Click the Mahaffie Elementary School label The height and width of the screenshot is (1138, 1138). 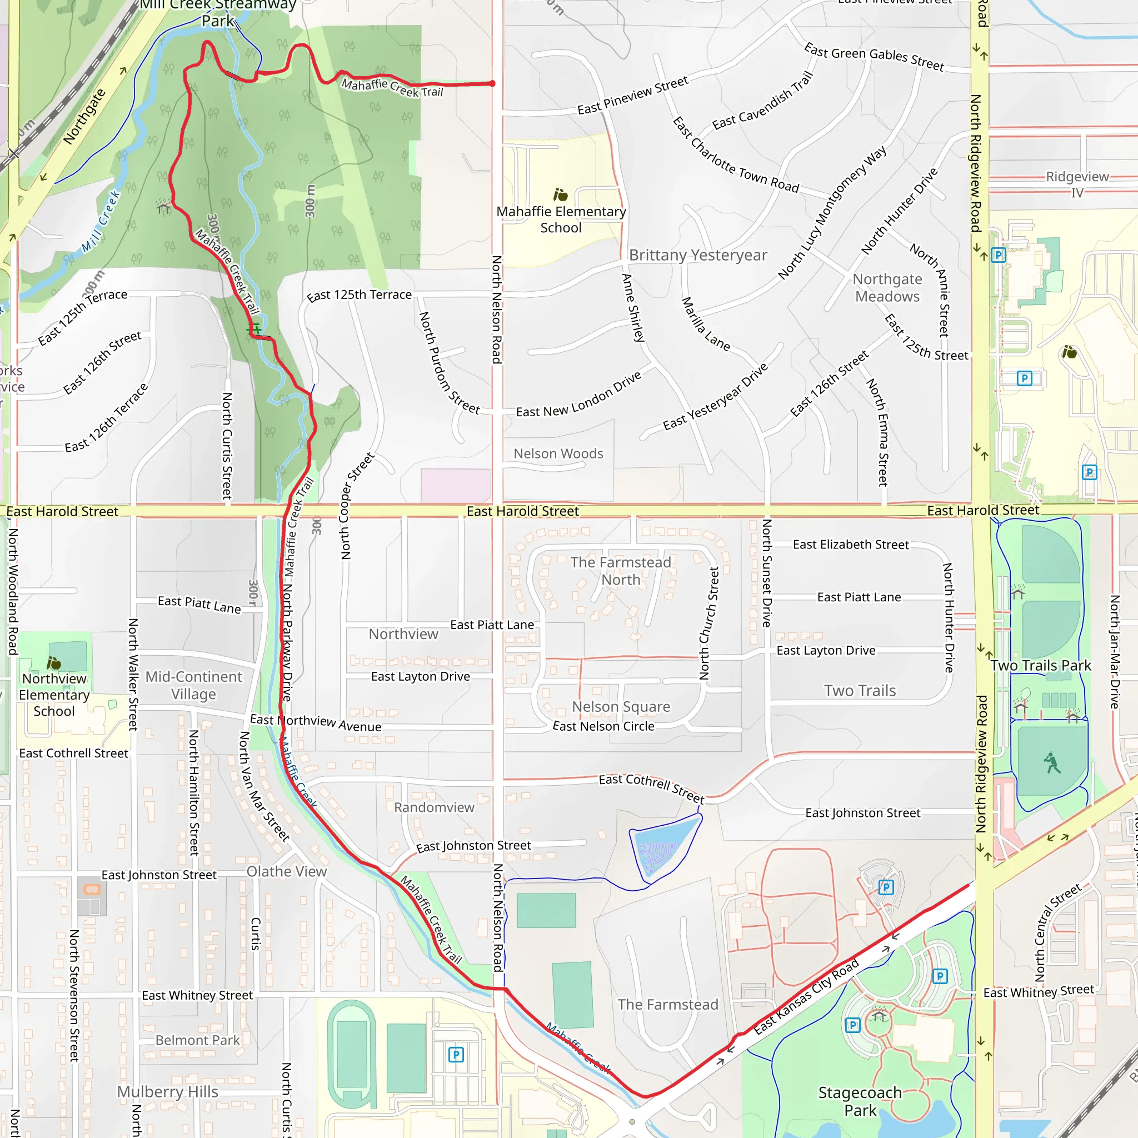(x=561, y=219)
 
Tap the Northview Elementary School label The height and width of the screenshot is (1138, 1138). (x=54, y=695)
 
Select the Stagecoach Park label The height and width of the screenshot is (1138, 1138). (x=860, y=1101)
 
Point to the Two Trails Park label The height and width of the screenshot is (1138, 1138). (x=1040, y=666)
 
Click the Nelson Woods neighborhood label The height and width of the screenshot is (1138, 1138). (x=558, y=453)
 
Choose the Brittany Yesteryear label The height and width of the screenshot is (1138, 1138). (x=697, y=255)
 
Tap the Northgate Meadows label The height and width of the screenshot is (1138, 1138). (x=887, y=287)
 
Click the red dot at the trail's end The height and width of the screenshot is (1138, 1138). (x=492, y=84)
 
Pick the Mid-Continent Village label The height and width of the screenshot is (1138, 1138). (x=193, y=685)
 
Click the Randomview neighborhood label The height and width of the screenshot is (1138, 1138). (x=434, y=807)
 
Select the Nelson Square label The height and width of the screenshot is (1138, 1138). (x=621, y=706)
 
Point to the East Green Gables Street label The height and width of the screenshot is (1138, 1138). (x=874, y=57)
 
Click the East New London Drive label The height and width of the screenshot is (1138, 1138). (x=579, y=395)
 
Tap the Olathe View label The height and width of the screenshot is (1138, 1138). (x=286, y=871)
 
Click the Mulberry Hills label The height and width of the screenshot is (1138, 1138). (x=167, y=1091)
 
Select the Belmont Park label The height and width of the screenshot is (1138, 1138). (x=197, y=1040)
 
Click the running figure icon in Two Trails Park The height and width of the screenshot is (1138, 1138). (x=1052, y=763)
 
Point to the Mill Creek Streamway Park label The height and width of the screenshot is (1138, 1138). (x=218, y=13)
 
